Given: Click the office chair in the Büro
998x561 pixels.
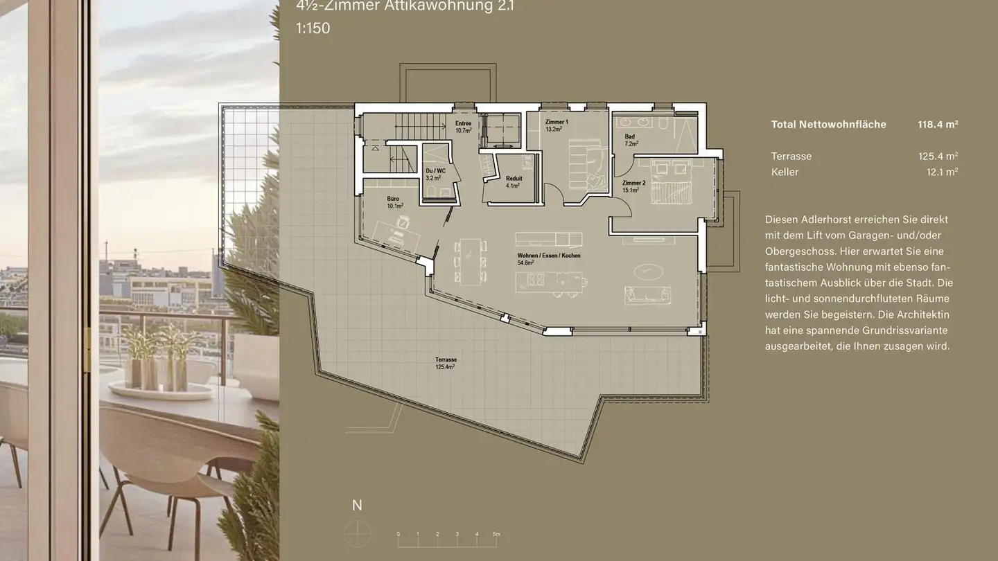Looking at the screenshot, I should coord(403,222).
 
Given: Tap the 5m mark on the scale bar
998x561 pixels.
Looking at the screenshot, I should coord(496,534).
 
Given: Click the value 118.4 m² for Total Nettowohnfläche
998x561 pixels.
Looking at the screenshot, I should coord(938,125).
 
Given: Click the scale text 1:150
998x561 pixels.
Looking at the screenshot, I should coord(313,29).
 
